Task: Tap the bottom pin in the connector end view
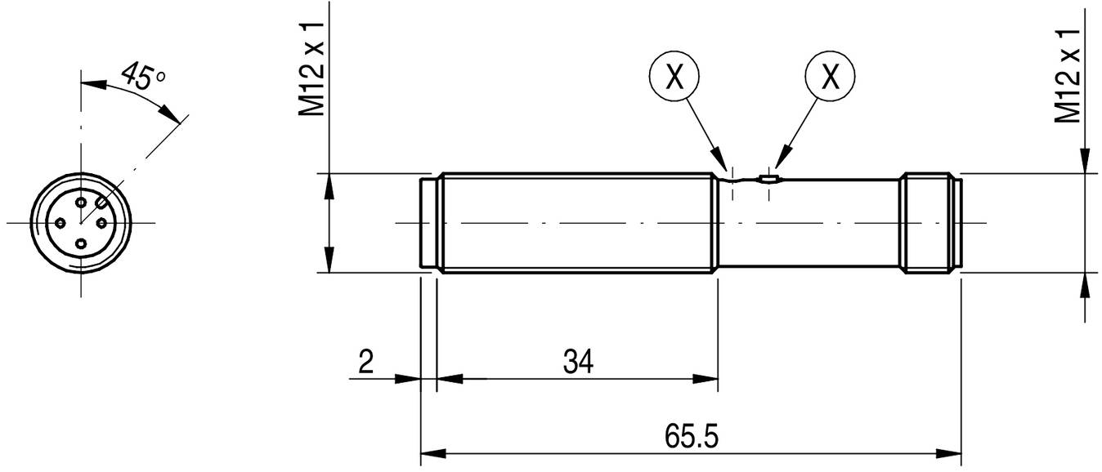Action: [81, 243]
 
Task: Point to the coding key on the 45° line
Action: [100, 201]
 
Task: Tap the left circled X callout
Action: [674, 77]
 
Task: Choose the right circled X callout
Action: [830, 77]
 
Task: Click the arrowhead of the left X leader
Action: [719, 160]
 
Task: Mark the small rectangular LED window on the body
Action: [768, 177]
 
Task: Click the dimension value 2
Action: [365, 361]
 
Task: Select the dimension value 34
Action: [577, 361]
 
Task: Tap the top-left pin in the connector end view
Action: [81, 201]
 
